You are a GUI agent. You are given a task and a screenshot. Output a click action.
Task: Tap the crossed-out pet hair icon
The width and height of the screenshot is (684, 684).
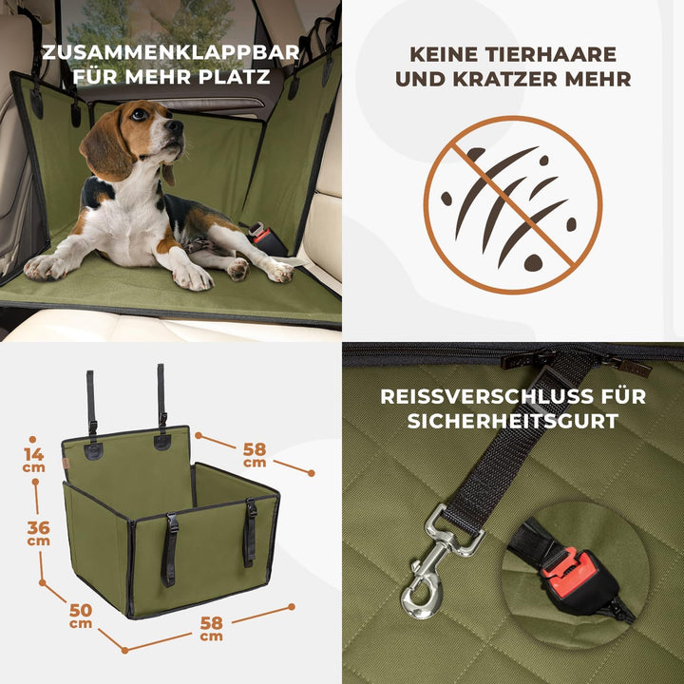[x=512, y=204]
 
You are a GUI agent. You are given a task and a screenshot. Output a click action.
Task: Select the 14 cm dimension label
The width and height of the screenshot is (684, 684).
[x=34, y=460]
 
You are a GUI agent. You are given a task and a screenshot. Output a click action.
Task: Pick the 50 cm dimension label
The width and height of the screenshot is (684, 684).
[x=81, y=616]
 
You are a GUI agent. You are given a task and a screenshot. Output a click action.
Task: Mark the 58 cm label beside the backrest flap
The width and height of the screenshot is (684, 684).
[x=255, y=454]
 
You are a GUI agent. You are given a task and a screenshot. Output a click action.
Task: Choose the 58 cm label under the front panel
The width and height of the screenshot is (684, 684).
[x=211, y=628]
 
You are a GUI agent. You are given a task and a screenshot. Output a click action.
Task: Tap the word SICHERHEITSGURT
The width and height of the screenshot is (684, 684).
[x=512, y=421]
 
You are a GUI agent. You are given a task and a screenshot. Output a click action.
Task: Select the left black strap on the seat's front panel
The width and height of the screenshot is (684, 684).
[x=169, y=550]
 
